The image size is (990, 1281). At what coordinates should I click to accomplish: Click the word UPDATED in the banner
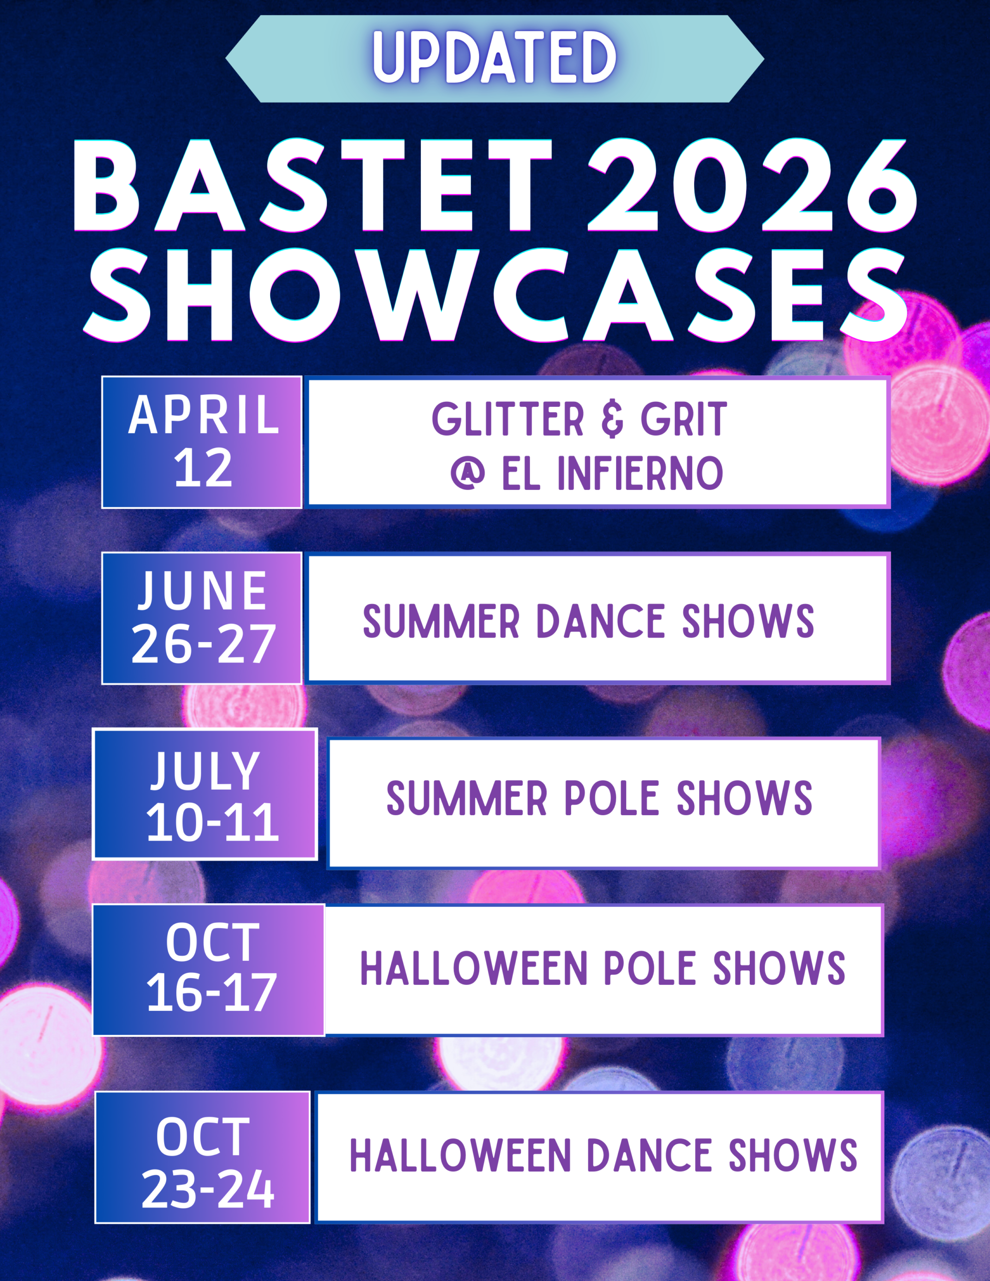[x=494, y=58]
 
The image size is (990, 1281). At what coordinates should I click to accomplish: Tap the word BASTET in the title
[x=312, y=185]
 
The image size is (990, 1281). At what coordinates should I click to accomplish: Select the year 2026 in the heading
[x=753, y=185]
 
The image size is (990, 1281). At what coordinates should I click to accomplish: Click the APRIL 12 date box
[x=202, y=442]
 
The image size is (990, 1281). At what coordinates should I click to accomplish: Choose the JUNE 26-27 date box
[x=202, y=618]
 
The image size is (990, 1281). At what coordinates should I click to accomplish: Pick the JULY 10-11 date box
[x=205, y=794]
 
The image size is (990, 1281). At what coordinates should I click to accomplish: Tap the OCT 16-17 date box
[x=208, y=970]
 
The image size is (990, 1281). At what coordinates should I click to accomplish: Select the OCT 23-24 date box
[x=203, y=1157]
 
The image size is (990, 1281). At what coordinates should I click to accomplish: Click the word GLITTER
[x=508, y=419]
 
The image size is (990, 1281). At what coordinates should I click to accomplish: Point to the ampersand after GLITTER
[x=612, y=419]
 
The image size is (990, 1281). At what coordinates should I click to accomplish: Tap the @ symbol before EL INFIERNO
[x=467, y=473]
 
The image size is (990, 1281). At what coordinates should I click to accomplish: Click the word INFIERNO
[x=640, y=473]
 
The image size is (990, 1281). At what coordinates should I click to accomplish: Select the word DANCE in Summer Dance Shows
[x=601, y=621]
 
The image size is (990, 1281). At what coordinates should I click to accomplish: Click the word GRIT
[x=684, y=419]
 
